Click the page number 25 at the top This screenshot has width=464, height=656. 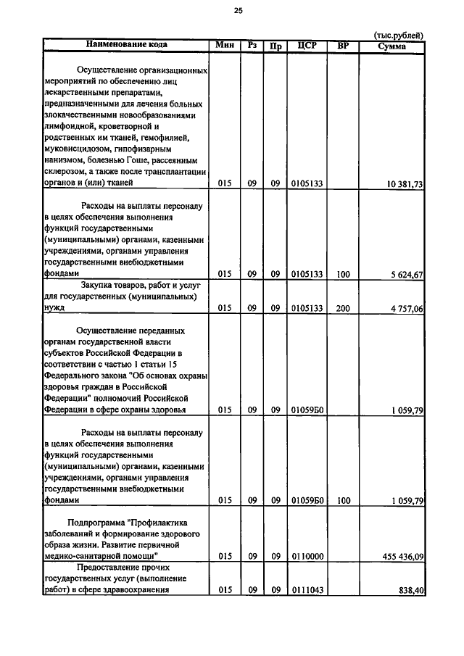238,10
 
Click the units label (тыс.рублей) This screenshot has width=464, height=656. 398,35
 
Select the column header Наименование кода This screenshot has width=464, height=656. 126,45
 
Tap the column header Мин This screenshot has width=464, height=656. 224,45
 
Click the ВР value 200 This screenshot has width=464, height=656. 343,308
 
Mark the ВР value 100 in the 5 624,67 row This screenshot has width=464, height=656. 343,275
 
